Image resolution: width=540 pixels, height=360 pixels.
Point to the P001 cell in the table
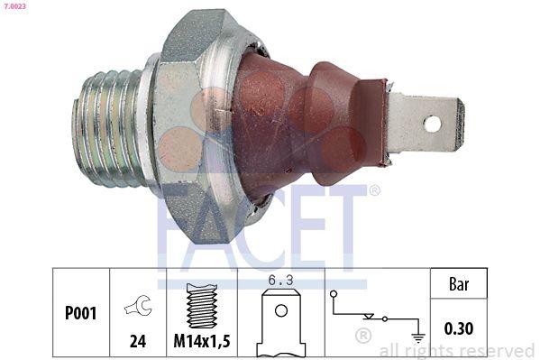81,313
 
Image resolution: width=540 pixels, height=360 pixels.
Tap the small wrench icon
139,308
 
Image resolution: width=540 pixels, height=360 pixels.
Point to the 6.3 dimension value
282,281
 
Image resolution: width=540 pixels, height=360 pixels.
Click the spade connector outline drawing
282,326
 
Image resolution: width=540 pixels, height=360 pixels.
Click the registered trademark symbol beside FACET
374,190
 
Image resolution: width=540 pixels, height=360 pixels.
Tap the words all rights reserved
457,350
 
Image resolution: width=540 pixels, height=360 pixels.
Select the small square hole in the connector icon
282,314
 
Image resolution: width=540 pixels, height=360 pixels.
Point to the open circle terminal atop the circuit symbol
334,293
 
